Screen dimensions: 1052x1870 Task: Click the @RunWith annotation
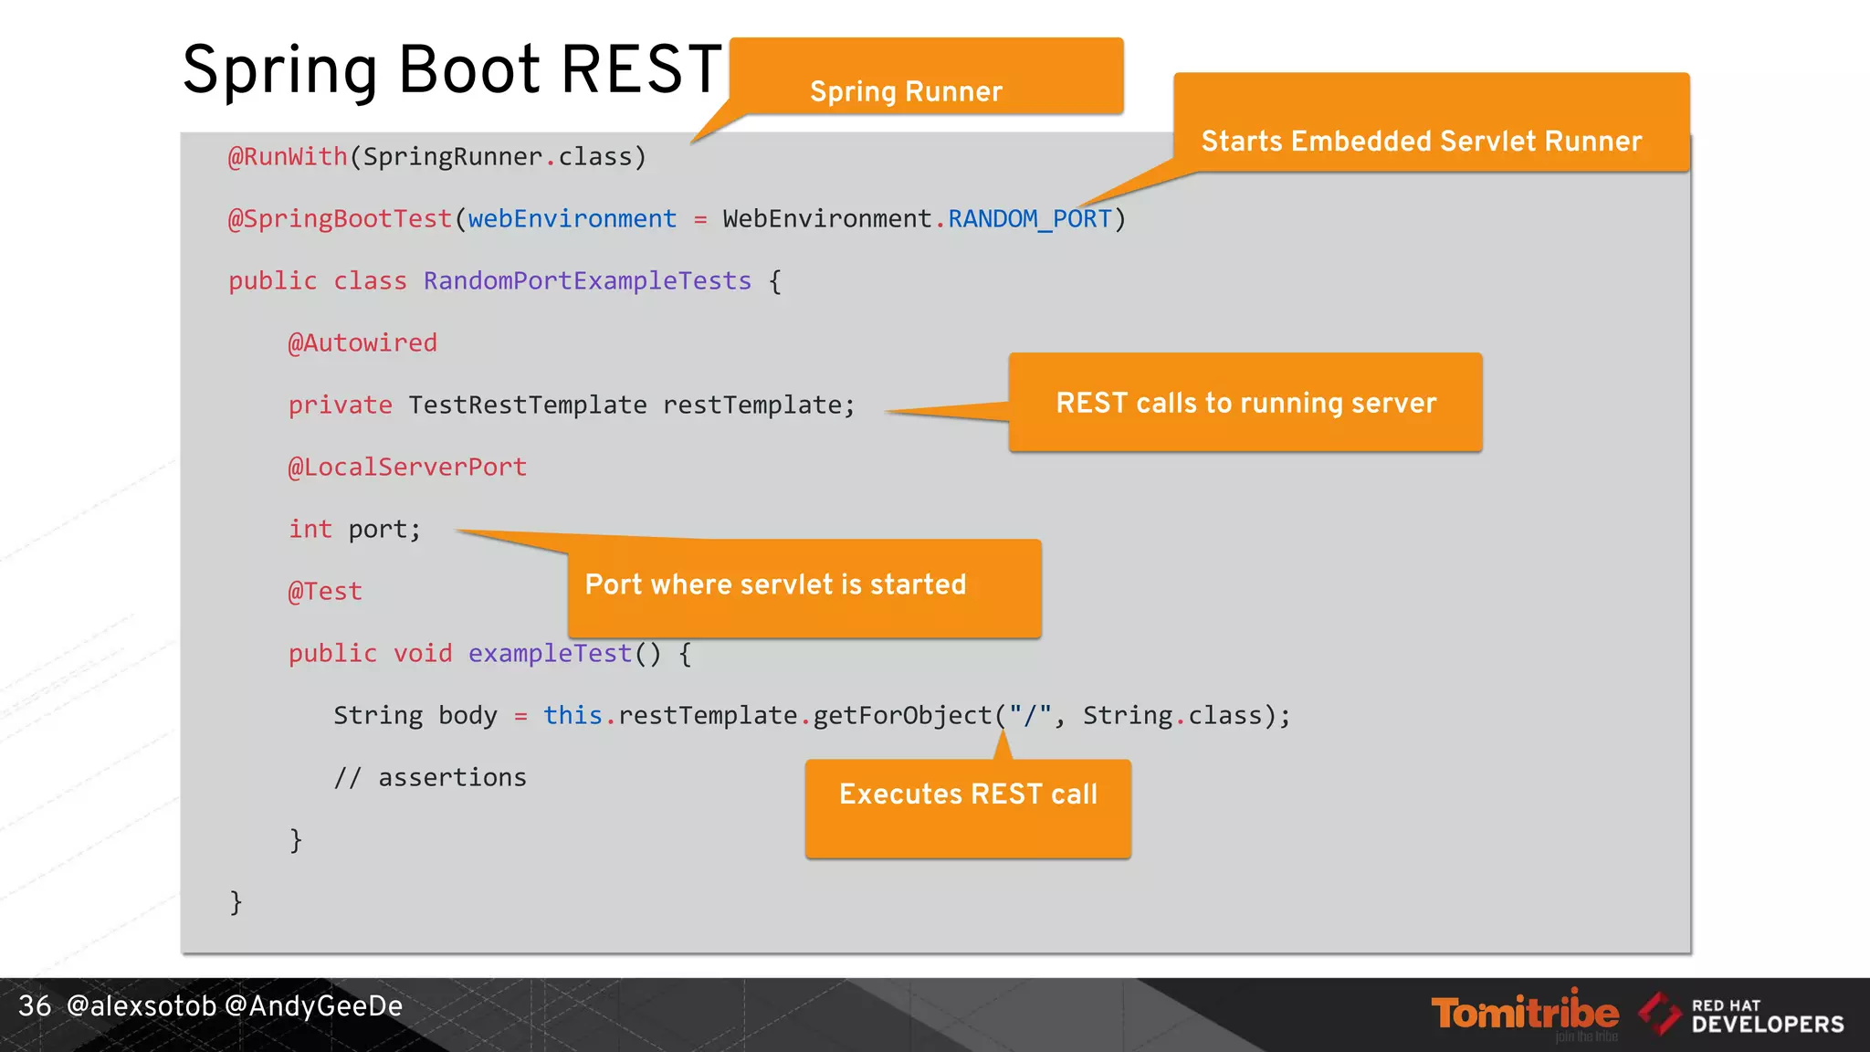(288, 157)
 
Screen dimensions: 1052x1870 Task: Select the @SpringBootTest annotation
(340, 219)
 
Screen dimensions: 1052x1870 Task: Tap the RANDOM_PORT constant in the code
(1029, 219)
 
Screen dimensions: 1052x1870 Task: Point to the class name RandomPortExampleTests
(587, 281)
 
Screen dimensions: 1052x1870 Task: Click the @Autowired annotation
(362, 343)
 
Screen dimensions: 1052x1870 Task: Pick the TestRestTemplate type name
(527, 405)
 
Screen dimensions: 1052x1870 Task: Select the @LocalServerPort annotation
(407, 468)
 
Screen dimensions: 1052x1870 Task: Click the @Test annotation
(325, 592)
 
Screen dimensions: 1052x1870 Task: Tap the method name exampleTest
(550, 654)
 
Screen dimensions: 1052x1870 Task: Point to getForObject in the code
(901, 716)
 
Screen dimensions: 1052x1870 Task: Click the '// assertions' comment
(430, 778)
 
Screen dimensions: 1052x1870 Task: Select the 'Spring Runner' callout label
(906, 91)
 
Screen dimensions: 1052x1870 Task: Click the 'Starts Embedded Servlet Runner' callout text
(1421, 142)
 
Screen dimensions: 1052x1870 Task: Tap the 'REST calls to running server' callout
(1245, 403)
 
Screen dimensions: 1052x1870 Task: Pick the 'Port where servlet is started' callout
(775, 584)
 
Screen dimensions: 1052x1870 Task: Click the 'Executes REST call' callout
(968, 794)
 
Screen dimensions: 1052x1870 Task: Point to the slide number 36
(35, 1006)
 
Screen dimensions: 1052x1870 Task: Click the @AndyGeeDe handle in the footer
(313, 1006)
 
